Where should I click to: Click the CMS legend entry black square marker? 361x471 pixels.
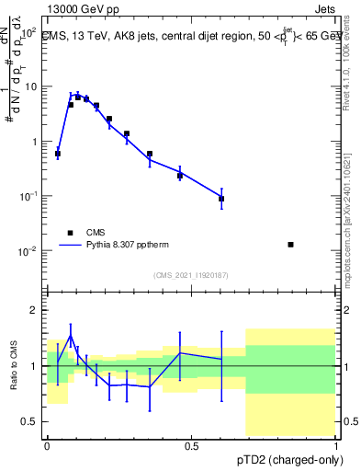[x=69, y=233]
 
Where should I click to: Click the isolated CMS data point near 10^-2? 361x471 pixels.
[x=291, y=245]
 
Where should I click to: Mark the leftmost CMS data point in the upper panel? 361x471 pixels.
[x=58, y=155]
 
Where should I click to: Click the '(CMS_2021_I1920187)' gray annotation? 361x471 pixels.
[x=191, y=274]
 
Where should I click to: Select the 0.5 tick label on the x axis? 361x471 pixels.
[x=191, y=445]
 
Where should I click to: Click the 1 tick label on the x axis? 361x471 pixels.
[x=335, y=445]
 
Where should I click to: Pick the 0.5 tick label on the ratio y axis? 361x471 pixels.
[x=30, y=421]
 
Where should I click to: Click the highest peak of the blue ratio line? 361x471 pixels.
[x=71, y=337]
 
